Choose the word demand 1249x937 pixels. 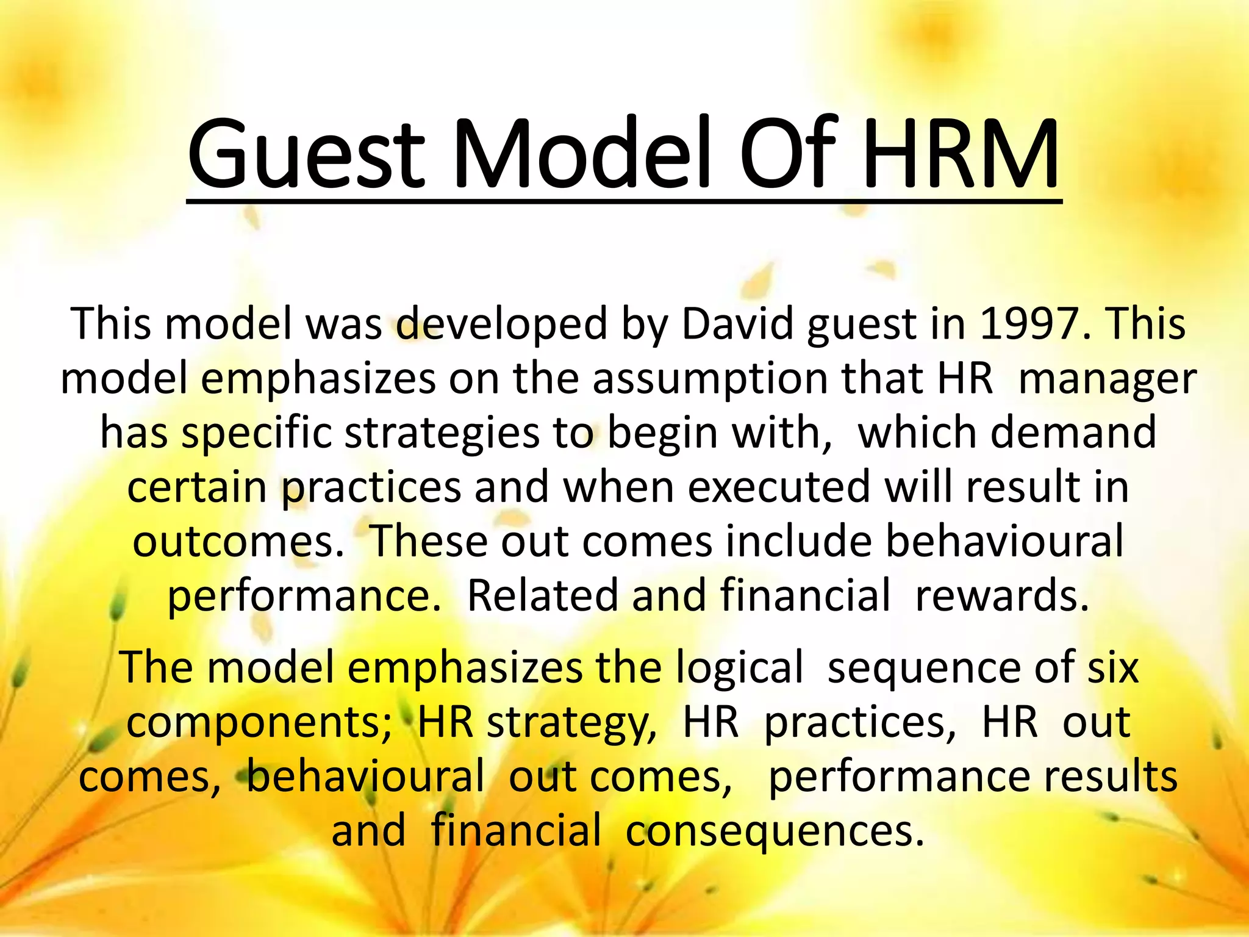[x=1073, y=433]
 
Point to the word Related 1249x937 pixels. [x=542, y=595]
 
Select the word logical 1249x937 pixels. [x=739, y=667]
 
